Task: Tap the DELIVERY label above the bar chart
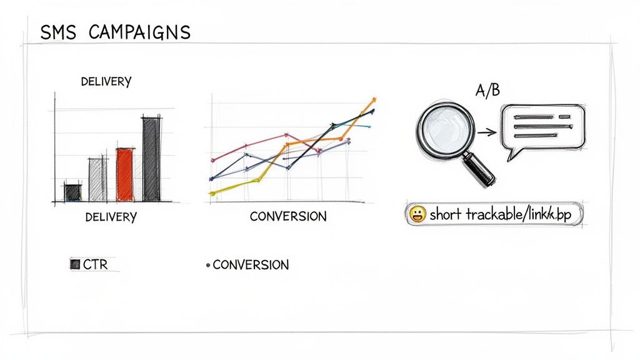click(x=106, y=82)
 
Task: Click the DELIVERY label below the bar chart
click(x=111, y=217)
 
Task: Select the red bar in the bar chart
click(x=125, y=174)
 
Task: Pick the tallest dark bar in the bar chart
click(x=151, y=159)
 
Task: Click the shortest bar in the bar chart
click(x=73, y=192)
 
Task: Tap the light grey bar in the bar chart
click(x=98, y=179)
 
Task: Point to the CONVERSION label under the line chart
click(x=288, y=217)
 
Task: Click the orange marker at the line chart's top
click(x=374, y=99)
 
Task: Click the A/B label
click(x=487, y=91)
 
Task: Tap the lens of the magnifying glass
click(x=444, y=132)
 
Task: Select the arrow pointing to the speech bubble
click(x=486, y=132)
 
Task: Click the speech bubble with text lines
click(x=542, y=128)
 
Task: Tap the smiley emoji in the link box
click(x=417, y=215)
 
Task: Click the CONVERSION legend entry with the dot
click(x=248, y=265)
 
